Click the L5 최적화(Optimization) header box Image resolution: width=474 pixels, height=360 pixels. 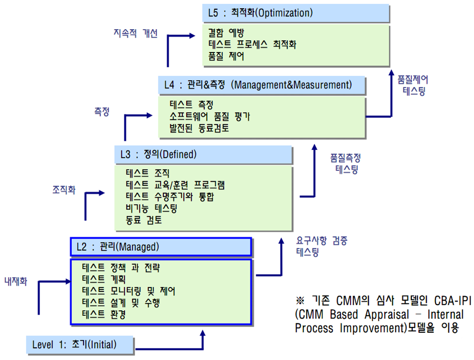296,13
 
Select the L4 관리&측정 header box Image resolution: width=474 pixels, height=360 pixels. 262,85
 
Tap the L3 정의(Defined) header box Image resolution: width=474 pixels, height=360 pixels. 203,155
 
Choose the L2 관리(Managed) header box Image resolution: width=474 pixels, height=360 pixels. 161,247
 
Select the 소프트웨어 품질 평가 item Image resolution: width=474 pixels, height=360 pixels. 210,117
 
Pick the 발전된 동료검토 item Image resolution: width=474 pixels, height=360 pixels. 199,128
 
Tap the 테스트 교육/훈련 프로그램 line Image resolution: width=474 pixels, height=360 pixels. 176,185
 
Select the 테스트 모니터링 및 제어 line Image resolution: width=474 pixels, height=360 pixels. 129,291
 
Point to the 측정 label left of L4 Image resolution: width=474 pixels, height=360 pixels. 102,111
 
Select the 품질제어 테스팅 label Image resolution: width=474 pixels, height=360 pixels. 413,85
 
